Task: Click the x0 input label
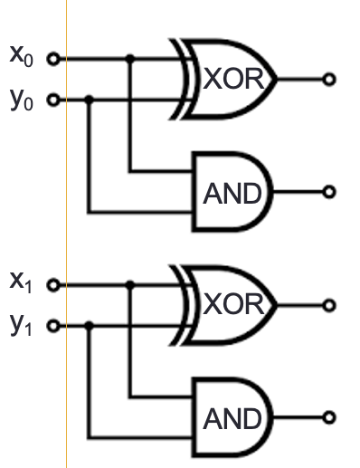tap(21, 56)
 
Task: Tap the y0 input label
tap(21, 100)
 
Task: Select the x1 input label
tap(21, 282)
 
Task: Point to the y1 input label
tap(21, 325)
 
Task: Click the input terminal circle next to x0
tap(53, 59)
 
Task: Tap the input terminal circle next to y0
tap(53, 100)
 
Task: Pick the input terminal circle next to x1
tap(53, 285)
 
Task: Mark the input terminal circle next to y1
tap(53, 326)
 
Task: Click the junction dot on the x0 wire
tap(130, 59)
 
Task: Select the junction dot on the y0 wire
tap(89, 100)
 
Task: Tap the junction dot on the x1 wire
tap(130, 284)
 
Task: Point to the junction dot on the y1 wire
tap(89, 326)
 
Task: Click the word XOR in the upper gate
tap(233, 79)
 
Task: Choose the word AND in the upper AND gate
tap(232, 194)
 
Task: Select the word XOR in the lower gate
tap(233, 304)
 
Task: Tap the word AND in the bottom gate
tap(232, 419)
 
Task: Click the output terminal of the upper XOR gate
tap(329, 80)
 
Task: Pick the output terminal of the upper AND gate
tap(329, 192)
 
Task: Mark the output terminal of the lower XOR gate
tap(329, 305)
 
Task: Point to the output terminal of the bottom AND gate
tap(329, 417)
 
